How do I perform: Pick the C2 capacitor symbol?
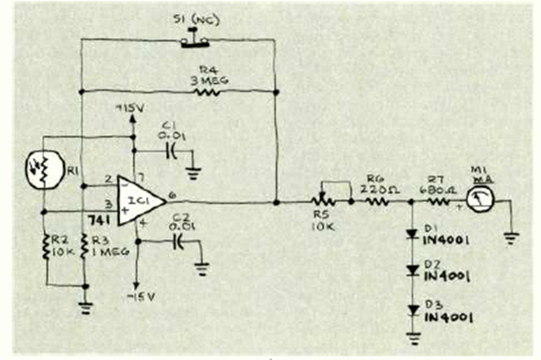coord(177,241)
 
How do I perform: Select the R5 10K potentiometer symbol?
coord(324,202)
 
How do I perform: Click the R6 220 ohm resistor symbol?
coord(375,202)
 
